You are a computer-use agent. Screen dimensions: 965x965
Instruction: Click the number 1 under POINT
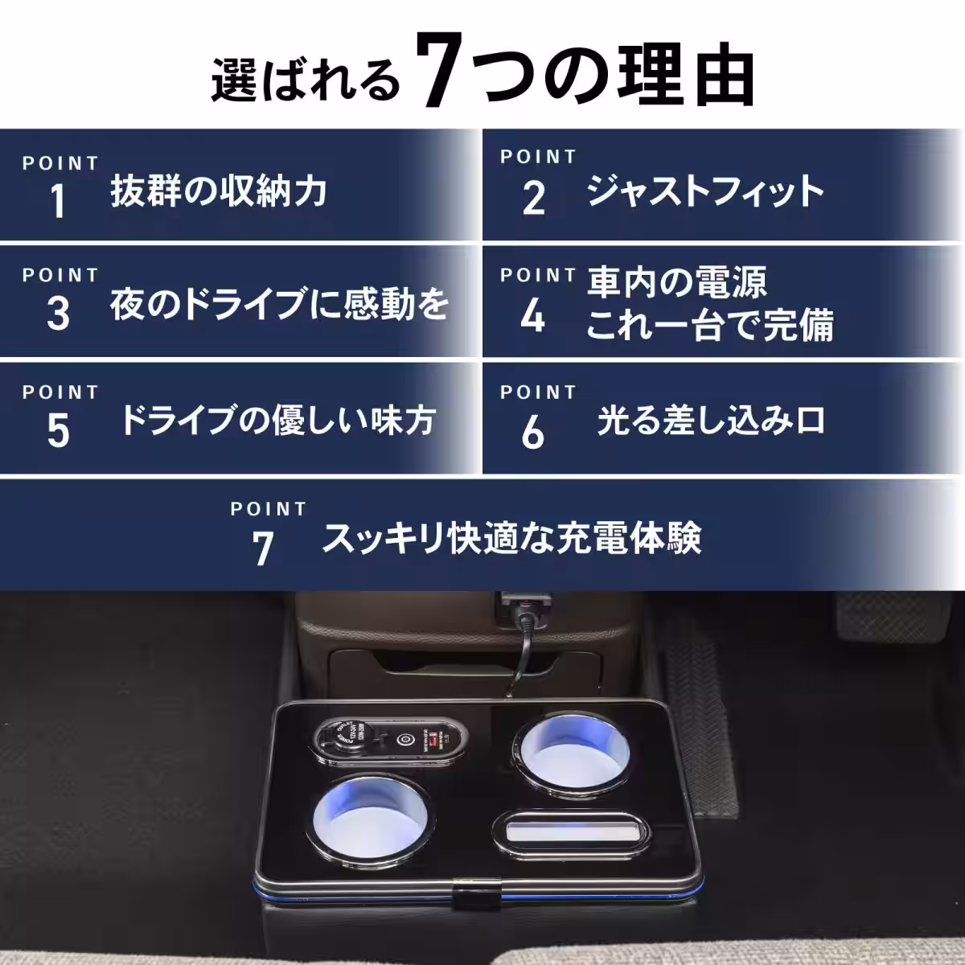[58, 201]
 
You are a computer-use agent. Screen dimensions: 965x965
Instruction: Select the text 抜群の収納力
[219, 192]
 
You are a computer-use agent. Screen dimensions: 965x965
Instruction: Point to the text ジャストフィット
[705, 192]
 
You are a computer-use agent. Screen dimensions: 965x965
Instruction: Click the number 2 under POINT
[534, 199]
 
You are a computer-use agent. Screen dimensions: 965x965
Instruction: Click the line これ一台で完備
[709, 325]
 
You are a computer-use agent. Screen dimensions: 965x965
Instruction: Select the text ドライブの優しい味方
[277, 420]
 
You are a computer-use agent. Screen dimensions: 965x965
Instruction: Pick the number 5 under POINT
[58, 431]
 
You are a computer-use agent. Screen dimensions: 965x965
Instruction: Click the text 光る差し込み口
[711, 421]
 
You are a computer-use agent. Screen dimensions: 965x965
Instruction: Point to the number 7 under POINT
[263, 548]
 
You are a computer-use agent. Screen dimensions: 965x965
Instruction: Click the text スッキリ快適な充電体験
[511, 538]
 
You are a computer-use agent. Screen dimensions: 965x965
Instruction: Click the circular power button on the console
[404, 739]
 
